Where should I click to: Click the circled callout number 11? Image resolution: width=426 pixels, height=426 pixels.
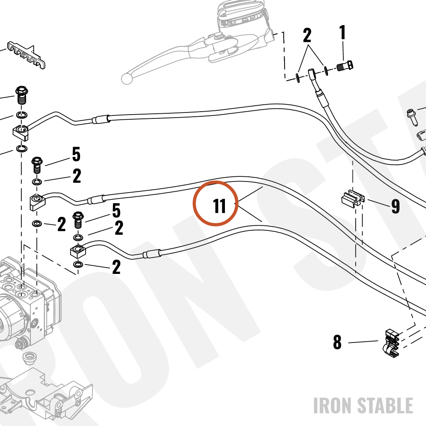coord(219,206)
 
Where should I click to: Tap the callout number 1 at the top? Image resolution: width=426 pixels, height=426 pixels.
coord(343,32)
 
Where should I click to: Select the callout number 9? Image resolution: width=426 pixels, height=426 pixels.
coord(396,206)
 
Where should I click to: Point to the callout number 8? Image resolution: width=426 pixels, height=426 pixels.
coord(337,342)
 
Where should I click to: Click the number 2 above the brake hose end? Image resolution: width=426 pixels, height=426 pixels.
coord(307,35)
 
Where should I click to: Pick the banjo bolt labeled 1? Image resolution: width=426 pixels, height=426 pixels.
coord(345,66)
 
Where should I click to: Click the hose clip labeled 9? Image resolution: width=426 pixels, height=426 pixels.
coord(353,199)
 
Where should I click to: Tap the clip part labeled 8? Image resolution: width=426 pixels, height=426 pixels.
coord(392,343)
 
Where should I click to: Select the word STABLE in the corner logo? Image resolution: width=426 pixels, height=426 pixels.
coord(385,406)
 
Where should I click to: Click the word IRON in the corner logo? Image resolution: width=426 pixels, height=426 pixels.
coord(333,406)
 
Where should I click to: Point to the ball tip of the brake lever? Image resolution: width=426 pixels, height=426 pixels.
coord(127,78)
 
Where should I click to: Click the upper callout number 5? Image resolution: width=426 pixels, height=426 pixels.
coord(76,154)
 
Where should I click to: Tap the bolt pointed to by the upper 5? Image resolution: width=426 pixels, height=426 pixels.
coord(37,164)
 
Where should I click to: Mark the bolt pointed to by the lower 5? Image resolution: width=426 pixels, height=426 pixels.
coord(78,220)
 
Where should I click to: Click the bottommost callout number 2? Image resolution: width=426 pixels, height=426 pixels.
coord(116,268)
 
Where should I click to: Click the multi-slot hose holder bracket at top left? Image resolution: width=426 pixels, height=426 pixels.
coord(26,55)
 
